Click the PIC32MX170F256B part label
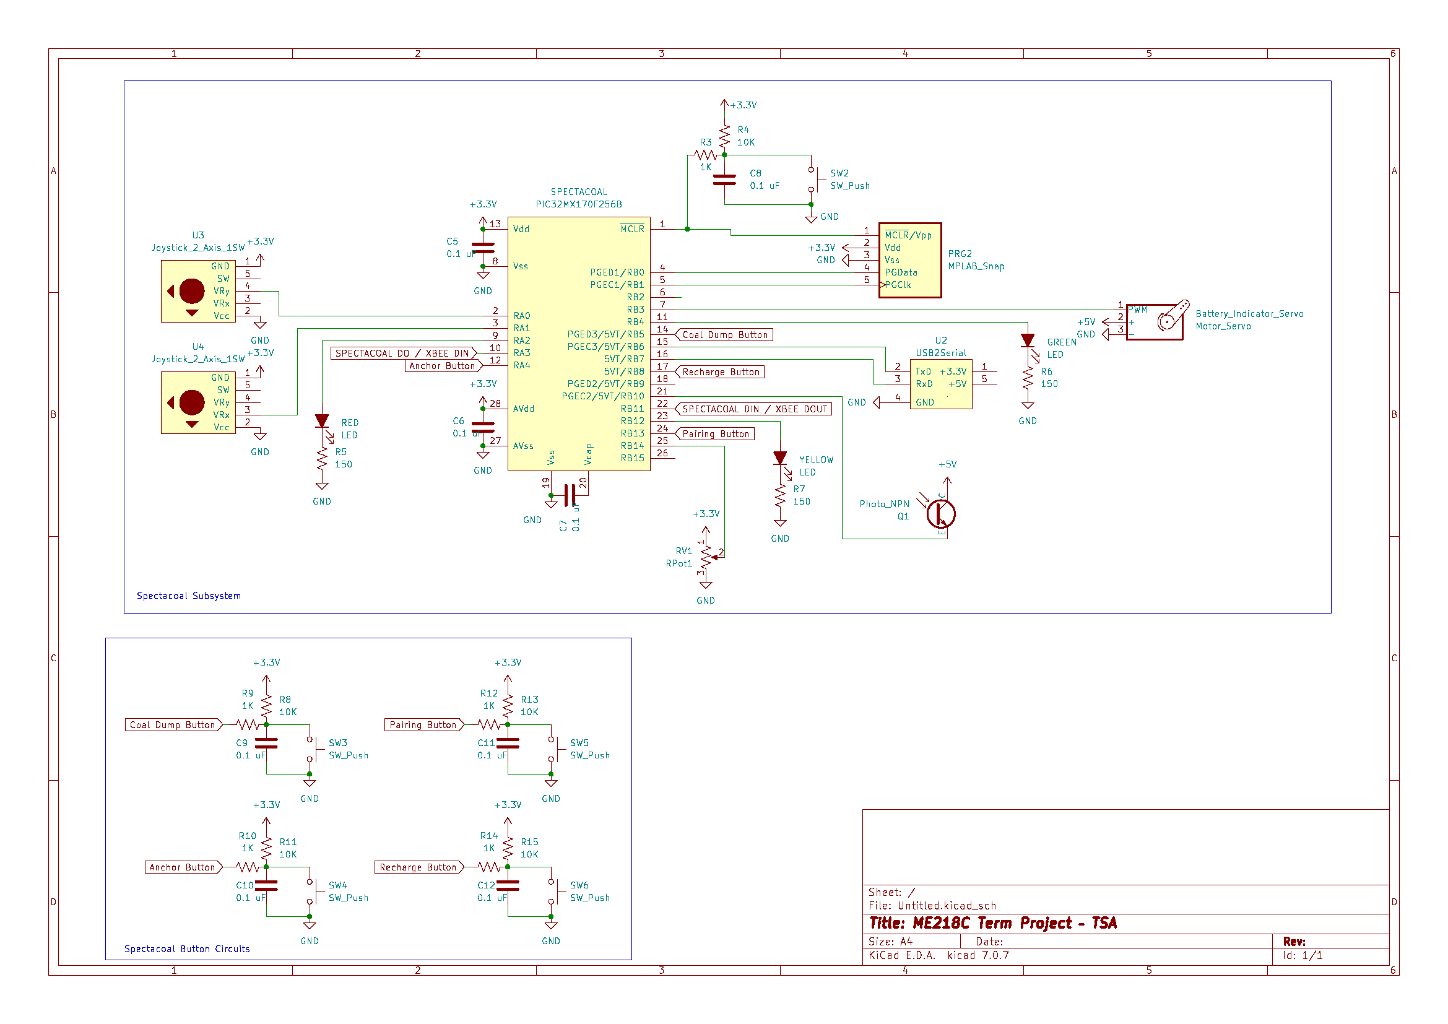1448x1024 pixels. coord(578,204)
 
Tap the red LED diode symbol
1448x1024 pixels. coord(322,421)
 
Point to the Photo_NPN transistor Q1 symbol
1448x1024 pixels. coord(940,513)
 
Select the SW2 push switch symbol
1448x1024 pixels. coord(813,180)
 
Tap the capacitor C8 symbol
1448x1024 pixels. coord(724,180)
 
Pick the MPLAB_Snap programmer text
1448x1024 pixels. coord(976,266)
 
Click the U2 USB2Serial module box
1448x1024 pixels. coord(940,384)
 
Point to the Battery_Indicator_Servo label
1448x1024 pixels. coord(1249,314)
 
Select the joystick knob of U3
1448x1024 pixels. coord(192,292)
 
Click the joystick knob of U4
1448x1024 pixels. coord(192,403)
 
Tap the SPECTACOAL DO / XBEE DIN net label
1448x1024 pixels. coord(402,354)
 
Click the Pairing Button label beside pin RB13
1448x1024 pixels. coord(715,434)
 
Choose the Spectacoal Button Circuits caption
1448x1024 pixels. coord(187,949)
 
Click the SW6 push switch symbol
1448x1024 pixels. coord(553,892)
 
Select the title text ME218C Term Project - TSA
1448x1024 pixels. coord(992,924)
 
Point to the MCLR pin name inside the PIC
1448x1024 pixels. coord(632,229)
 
